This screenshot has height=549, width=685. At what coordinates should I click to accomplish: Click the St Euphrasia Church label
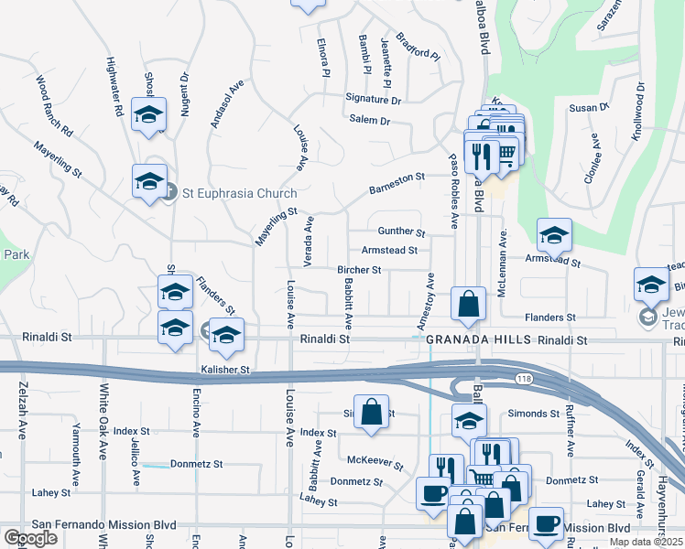point(239,193)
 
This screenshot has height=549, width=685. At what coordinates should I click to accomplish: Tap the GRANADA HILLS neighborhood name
point(479,339)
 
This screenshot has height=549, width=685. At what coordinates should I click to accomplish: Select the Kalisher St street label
point(225,370)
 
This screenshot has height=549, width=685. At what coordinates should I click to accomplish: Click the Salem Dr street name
point(369,121)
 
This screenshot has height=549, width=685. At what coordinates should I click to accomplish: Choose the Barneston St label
point(397,183)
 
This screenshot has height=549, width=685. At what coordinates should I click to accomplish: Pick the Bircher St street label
point(359,270)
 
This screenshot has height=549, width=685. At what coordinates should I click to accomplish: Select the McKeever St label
point(369,460)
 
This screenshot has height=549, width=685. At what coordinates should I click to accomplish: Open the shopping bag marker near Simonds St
point(372,412)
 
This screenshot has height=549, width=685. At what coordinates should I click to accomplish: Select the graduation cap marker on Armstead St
point(554,236)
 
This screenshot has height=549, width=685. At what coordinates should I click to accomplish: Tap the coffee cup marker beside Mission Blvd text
point(547,523)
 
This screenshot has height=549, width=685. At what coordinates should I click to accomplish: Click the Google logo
point(29,539)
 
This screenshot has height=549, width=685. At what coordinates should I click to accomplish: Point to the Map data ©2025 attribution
point(646,542)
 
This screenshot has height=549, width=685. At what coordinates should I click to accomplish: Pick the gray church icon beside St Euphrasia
point(169,192)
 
